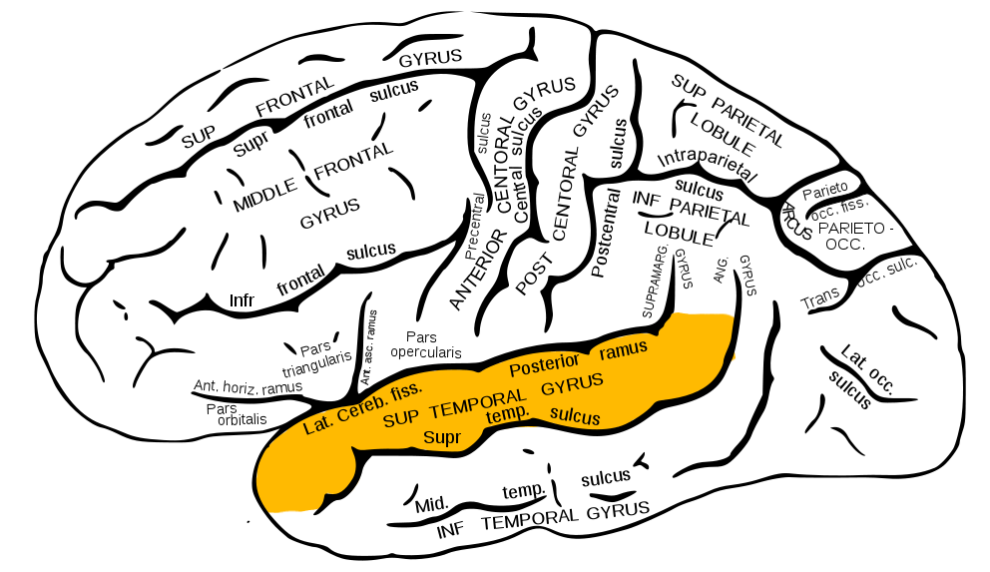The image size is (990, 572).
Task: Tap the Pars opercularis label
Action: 426,344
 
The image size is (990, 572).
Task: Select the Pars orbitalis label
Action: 237,413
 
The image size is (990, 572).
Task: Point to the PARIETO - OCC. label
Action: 851,236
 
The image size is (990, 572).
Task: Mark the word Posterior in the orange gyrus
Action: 544,364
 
